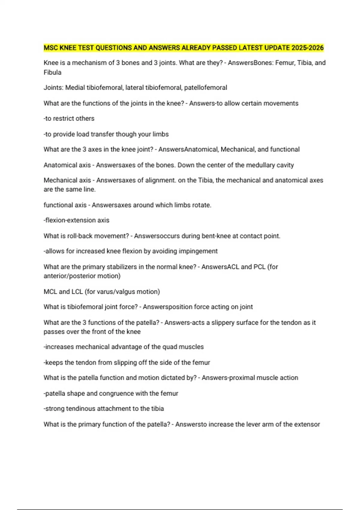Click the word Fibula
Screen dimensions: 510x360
(x=52, y=72)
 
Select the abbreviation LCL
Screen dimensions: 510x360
(x=77, y=292)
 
